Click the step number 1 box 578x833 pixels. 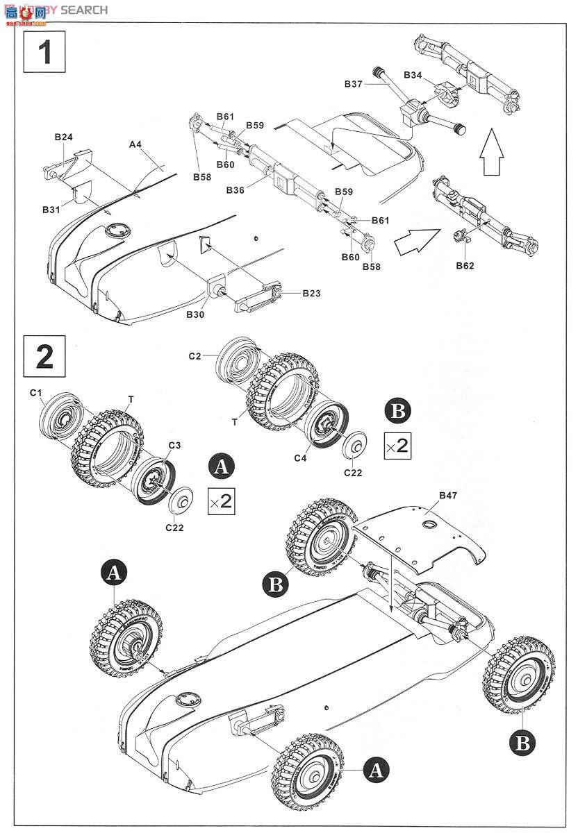(45, 52)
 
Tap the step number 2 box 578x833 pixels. (45, 355)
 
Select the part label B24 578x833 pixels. (64, 137)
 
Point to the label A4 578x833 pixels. (135, 144)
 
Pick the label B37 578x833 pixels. (353, 83)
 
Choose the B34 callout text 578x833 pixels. (413, 75)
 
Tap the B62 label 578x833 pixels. (465, 265)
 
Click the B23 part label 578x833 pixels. (311, 294)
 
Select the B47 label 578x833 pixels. (449, 496)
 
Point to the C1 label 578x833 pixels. (37, 394)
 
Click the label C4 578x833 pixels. (300, 458)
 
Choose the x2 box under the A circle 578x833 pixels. (221, 500)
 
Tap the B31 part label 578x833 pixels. (51, 209)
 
